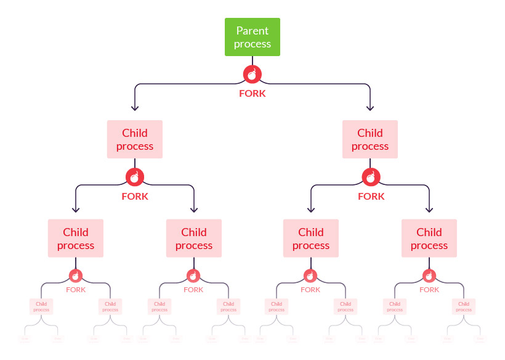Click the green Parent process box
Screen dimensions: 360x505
click(x=252, y=37)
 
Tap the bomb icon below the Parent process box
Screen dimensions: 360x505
click(x=252, y=75)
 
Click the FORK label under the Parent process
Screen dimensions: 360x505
click(x=252, y=94)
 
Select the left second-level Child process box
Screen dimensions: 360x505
click(x=135, y=139)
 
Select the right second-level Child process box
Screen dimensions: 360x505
click(x=370, y=139)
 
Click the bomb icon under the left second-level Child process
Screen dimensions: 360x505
click(x=135, y=177)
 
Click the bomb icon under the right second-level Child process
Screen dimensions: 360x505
click(x=370, y=177)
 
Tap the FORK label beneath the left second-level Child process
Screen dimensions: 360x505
click(x=135, y=197)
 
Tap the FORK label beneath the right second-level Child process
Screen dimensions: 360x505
click(x=371, y=197)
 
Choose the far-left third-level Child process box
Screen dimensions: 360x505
click(x=76, y=239)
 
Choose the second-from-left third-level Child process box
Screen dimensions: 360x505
click(x=194, y=239)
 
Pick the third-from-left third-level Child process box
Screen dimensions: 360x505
click(x=311, y=239)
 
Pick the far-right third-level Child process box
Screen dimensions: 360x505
click(x=429, y=239)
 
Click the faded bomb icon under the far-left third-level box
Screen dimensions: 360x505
click(x=76, y=276)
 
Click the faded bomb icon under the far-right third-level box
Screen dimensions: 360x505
click(x=429, y=276)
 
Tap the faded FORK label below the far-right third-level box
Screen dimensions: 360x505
click(x=429, y=290)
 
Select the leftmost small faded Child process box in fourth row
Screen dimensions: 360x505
click(x=41, y=306)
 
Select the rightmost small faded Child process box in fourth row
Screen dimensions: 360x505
click(x=464, y=306)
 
